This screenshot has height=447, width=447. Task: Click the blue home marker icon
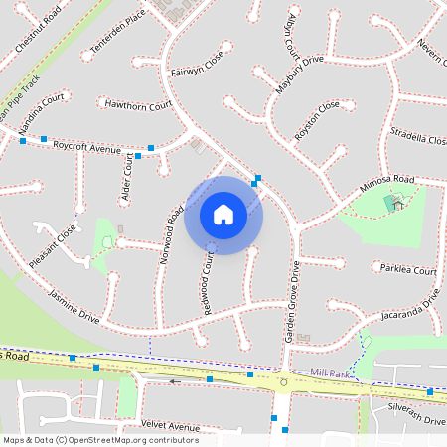tap(223, 215)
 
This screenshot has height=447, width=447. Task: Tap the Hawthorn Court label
tap(139, 104)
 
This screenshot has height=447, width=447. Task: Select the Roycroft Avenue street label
tap(86, 146)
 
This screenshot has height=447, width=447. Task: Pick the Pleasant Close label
tap(53, 245)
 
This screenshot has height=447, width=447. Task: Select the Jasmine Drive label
tap(74, 305)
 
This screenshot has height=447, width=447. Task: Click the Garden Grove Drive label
tap(293, 302)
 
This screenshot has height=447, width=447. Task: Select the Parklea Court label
tap(409, 270)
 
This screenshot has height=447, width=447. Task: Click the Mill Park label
tap(330, 372)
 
